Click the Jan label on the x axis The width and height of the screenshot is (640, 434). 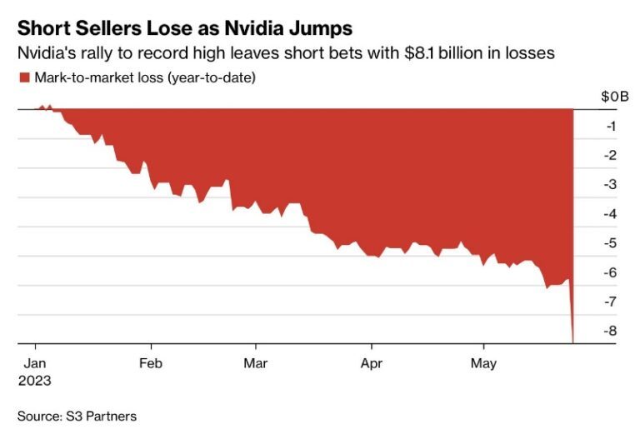click(x=33, y=363)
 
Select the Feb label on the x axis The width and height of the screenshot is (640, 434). click(x=151, y=363)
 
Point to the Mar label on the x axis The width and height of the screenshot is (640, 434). click(x=256, y=363)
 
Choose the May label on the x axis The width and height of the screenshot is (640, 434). click(x=484, y=363)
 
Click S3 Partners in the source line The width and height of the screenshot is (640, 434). click(x=102, y=415)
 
